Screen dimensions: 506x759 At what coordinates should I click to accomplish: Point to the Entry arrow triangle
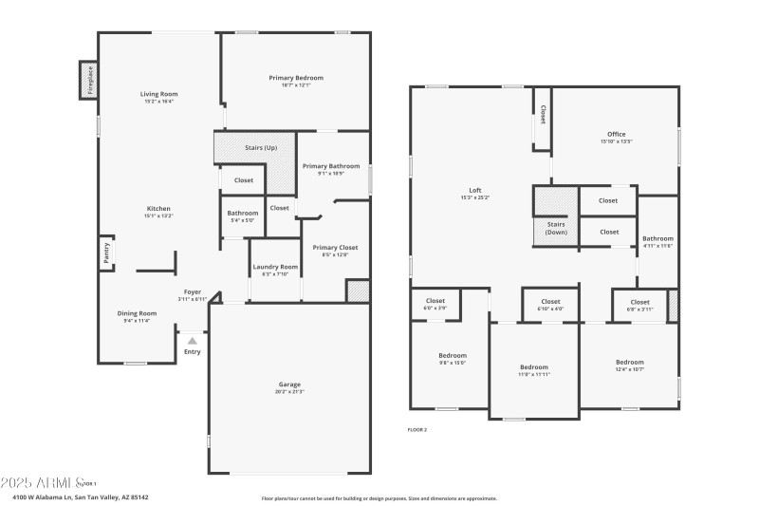193,339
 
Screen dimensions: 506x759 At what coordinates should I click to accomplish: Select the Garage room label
289,386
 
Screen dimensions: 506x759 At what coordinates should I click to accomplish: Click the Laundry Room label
275,267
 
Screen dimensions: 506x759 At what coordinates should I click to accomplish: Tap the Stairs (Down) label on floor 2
555,228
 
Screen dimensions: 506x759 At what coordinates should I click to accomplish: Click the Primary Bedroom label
295,78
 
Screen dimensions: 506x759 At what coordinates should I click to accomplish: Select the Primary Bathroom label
331,166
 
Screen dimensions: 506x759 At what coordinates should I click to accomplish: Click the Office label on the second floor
616,134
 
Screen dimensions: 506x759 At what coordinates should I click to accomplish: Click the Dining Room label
137,313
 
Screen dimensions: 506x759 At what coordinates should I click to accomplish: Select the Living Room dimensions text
159,101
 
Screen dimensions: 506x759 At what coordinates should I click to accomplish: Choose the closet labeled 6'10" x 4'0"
550,304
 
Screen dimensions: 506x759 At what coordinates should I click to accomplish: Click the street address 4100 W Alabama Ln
81,497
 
